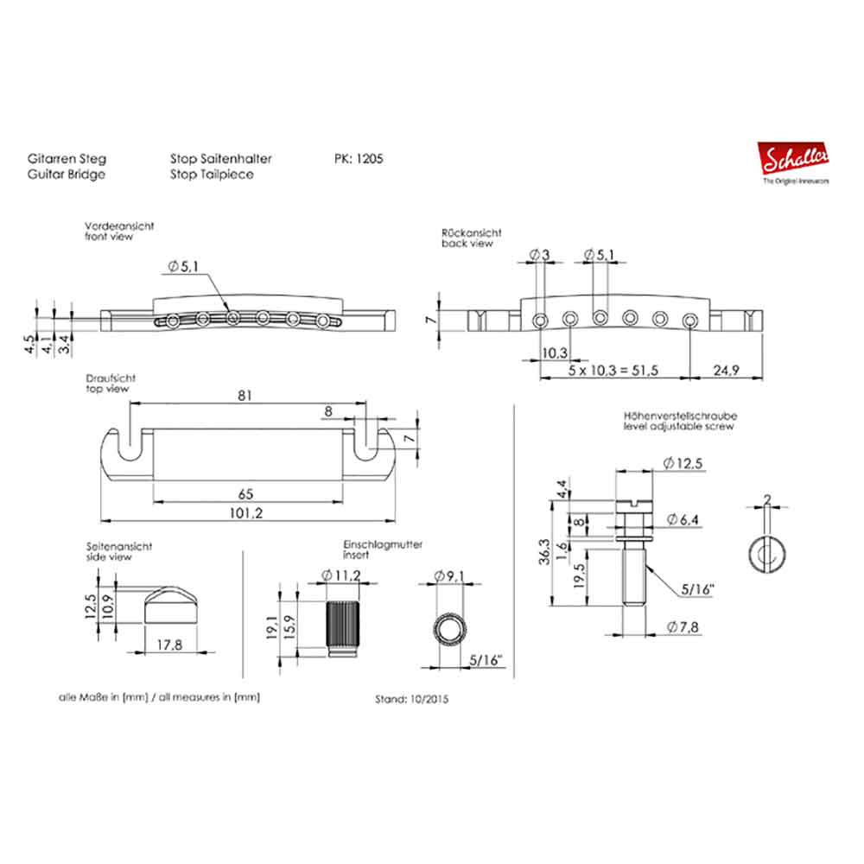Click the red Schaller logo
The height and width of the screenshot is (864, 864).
(x=793, y=159)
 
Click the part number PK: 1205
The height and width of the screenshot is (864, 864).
(x=359, y=159)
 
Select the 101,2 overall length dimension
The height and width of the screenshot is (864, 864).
(x=245, y=513)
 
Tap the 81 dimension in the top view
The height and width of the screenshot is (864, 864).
(x=245, y=395)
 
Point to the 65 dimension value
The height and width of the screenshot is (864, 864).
(x=245, y=494)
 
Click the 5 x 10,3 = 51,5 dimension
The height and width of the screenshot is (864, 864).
(x=613, y=371)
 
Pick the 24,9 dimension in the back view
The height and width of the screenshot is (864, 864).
(x=726, y=371)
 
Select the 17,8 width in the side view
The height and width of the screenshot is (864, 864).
(x=169, y=645)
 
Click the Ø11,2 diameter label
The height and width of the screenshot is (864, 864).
(x=341, y=575)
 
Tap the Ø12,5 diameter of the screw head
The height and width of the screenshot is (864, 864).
(x=683, y=463)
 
